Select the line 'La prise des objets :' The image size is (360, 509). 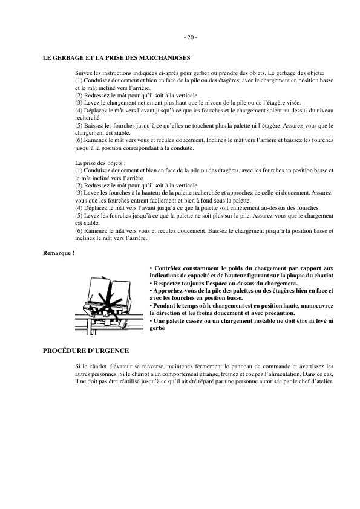pos(100,163)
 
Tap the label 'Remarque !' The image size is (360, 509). pos(58,253)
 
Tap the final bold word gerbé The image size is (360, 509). pos(157,328)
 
